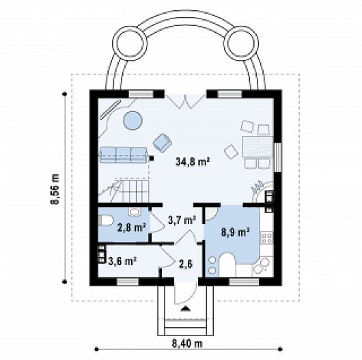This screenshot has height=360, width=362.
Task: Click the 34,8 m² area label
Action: (x=193, y=162)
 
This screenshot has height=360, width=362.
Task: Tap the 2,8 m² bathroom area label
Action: (x=132, y=228)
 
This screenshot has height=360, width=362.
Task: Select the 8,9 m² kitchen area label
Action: (x=236, y=232)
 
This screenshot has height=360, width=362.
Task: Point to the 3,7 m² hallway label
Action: (x=182, y=220)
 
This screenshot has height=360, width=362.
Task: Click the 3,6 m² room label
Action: (x=122, y=262)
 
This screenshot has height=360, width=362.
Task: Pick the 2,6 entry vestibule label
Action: (x=186, y=264)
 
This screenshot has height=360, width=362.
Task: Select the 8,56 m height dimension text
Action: (x=55, y=189)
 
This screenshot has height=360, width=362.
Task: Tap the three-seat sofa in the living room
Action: (x=124, y=154)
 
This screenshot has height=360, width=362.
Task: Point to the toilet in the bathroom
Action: (x=105, y=221)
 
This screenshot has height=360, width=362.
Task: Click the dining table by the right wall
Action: (x=257, y=147)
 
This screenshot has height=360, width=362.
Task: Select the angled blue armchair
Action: (x=163, y=143)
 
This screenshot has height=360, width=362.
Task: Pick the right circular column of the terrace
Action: (x=241, y=44)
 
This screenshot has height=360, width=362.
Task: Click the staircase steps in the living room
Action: (x=136, y=191)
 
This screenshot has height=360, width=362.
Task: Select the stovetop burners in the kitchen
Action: (x=267, y=238)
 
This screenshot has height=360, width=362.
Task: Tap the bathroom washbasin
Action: (x=134, y=212)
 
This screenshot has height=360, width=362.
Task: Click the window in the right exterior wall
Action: (x=277, y=158)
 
